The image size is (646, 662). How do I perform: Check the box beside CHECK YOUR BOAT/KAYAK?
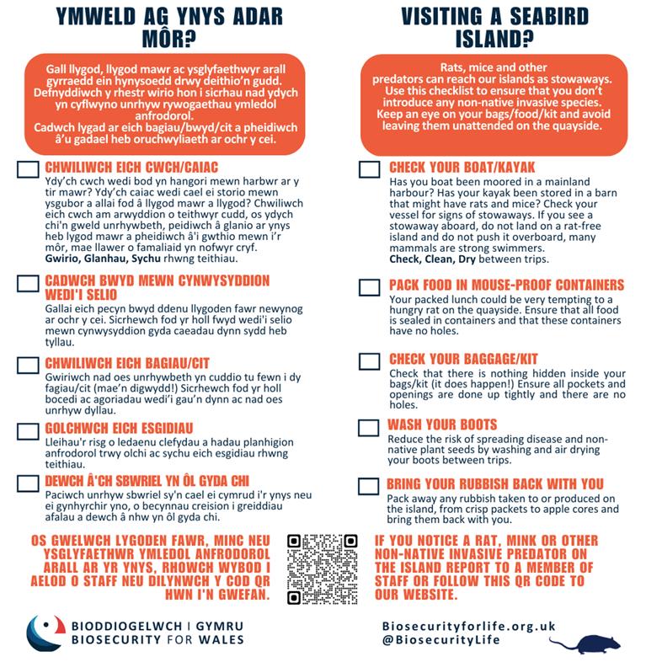(369, 169)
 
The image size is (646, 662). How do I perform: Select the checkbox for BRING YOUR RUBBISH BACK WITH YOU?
(369, 486)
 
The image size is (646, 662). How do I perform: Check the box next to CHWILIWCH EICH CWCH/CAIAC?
(28, 169)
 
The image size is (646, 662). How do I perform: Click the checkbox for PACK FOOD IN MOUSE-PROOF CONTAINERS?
(369, 287)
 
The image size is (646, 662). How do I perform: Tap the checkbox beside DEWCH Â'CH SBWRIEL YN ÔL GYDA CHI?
(28, 483)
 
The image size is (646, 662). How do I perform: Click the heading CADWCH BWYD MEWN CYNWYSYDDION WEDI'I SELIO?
(157, 287)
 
